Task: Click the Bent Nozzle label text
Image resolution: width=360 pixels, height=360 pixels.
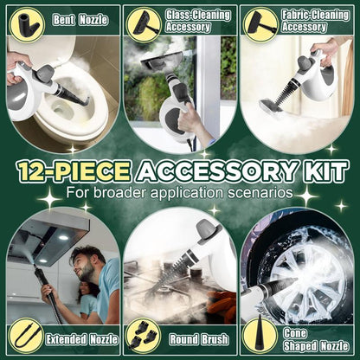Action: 76,19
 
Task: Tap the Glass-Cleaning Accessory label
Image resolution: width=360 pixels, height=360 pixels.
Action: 189,20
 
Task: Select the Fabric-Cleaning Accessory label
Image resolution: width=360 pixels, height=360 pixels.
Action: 305,20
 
